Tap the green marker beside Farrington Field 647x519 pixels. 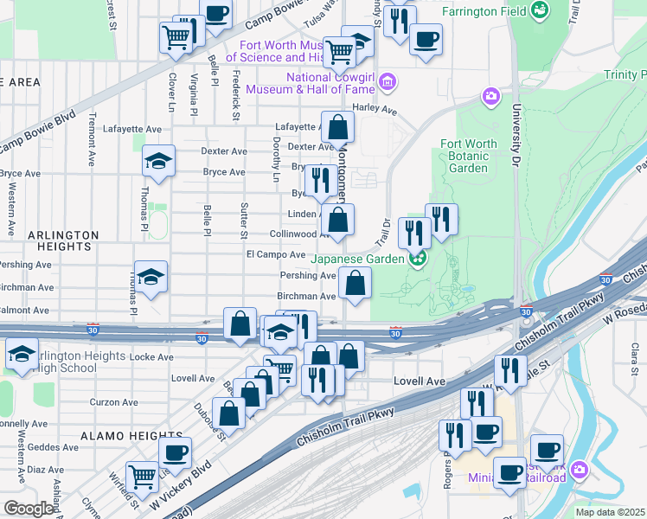[541, 10]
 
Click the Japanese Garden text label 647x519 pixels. [358, 259]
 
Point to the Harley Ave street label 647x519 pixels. [374, 111]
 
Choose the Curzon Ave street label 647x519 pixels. [114, 401]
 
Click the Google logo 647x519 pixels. [28, 509]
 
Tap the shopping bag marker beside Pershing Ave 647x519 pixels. [355, 282]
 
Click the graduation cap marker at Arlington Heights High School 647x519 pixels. [21, 353]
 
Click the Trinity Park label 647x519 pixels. [625, 75]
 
